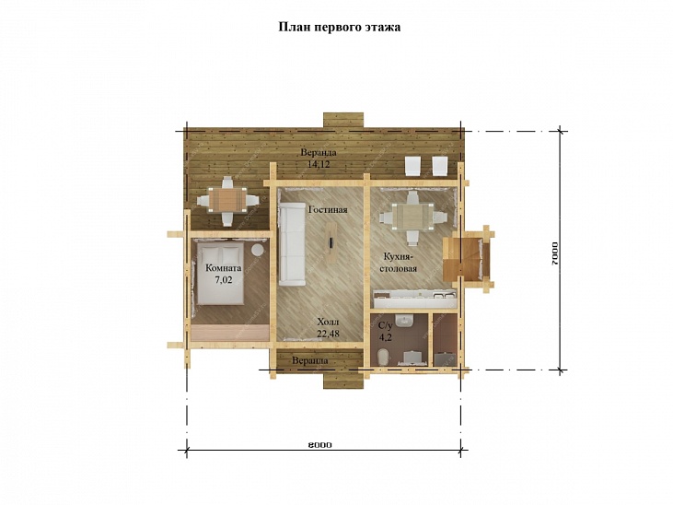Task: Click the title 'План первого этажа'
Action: [x=340, y=27]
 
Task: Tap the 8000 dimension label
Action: [x=319, y=445]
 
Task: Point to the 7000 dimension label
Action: [x=555, y=252]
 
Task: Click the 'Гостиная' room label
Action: [x=328, y=210]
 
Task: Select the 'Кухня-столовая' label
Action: [x=400, y=263]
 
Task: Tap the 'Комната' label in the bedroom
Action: [x=223, y=268]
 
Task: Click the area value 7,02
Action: [x=223, y=280]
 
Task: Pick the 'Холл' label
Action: [x=328, y=322]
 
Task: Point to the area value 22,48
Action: [x=328, y=334]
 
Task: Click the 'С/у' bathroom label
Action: [x=385, y=325]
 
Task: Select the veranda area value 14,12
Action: [x=319, y=164]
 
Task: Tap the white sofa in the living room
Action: [x=292, y=243]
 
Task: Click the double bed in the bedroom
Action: [x=220, y=274]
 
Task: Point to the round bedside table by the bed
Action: [x=258, y=250]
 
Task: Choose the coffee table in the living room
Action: [x=331, y=243]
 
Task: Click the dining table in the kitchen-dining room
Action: [x=412, y=217]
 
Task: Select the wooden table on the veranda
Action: [x=227, y=200]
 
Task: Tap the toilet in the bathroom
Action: [x=383, y=357]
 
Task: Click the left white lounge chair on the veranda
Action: [x=413, y=166]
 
